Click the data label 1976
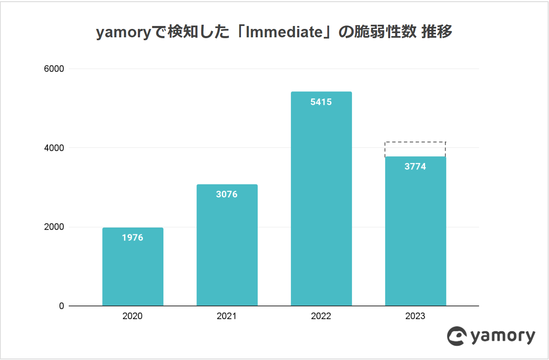[132, 238]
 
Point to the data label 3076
[227, 194]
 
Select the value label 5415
[321, 102]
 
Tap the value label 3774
[415, 167]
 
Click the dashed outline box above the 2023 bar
[415, 149]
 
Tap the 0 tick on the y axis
[61, 306]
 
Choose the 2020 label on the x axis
[132, 316]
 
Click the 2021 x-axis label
[227, 316]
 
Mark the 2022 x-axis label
[321, 316]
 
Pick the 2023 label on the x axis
[415, 316]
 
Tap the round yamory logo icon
[457, 336]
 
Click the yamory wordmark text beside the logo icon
[503, 337]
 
